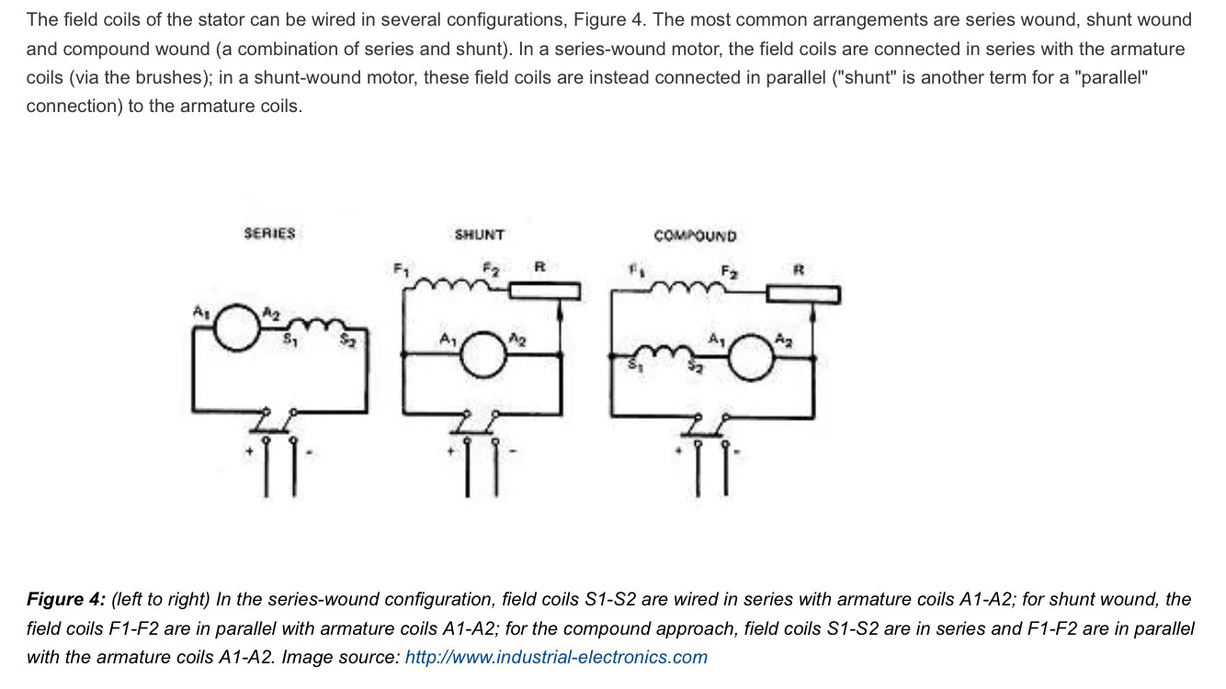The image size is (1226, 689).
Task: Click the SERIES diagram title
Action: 269,233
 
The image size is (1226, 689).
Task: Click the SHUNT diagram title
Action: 479,235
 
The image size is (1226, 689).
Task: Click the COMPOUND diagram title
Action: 695,236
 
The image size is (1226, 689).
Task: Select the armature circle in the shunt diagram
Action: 482,355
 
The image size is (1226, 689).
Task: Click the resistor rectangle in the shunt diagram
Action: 544,291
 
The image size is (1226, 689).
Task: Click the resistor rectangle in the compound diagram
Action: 803,295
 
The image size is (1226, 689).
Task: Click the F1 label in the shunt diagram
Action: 400,269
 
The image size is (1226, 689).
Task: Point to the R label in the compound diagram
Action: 798,270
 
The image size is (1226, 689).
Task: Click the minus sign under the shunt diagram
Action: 514,451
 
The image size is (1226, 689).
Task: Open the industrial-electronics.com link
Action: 556,657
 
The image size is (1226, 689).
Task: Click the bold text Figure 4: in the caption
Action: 66,600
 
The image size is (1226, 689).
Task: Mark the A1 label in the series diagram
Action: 200,312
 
